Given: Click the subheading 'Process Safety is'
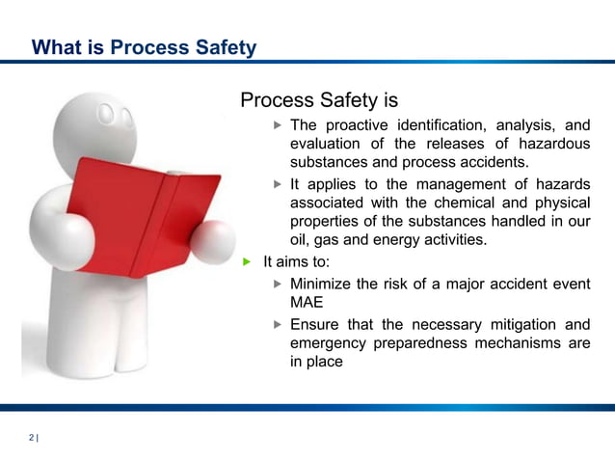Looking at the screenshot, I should click(x=318, y=100).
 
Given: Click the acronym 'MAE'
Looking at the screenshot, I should click(x=307, y=302).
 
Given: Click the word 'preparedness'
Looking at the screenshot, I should click(x=416, y=343).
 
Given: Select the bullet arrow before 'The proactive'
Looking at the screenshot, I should click(x=278, y=125).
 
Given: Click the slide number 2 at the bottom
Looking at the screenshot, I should click(x=31, y=439).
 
